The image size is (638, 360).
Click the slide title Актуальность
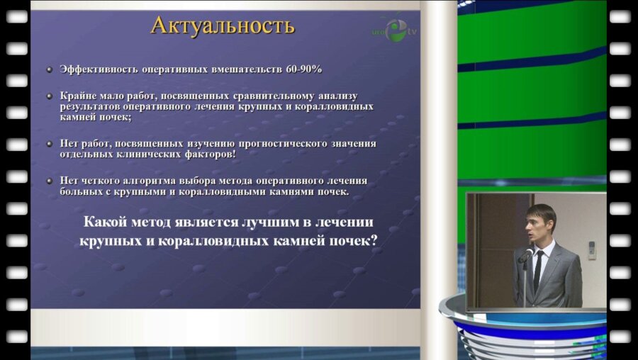222,26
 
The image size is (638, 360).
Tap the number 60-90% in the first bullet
303,69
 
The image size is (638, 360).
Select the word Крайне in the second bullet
77,95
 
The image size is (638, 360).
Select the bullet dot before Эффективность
49,69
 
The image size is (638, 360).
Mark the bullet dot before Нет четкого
49,181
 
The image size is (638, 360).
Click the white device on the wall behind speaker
591,249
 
